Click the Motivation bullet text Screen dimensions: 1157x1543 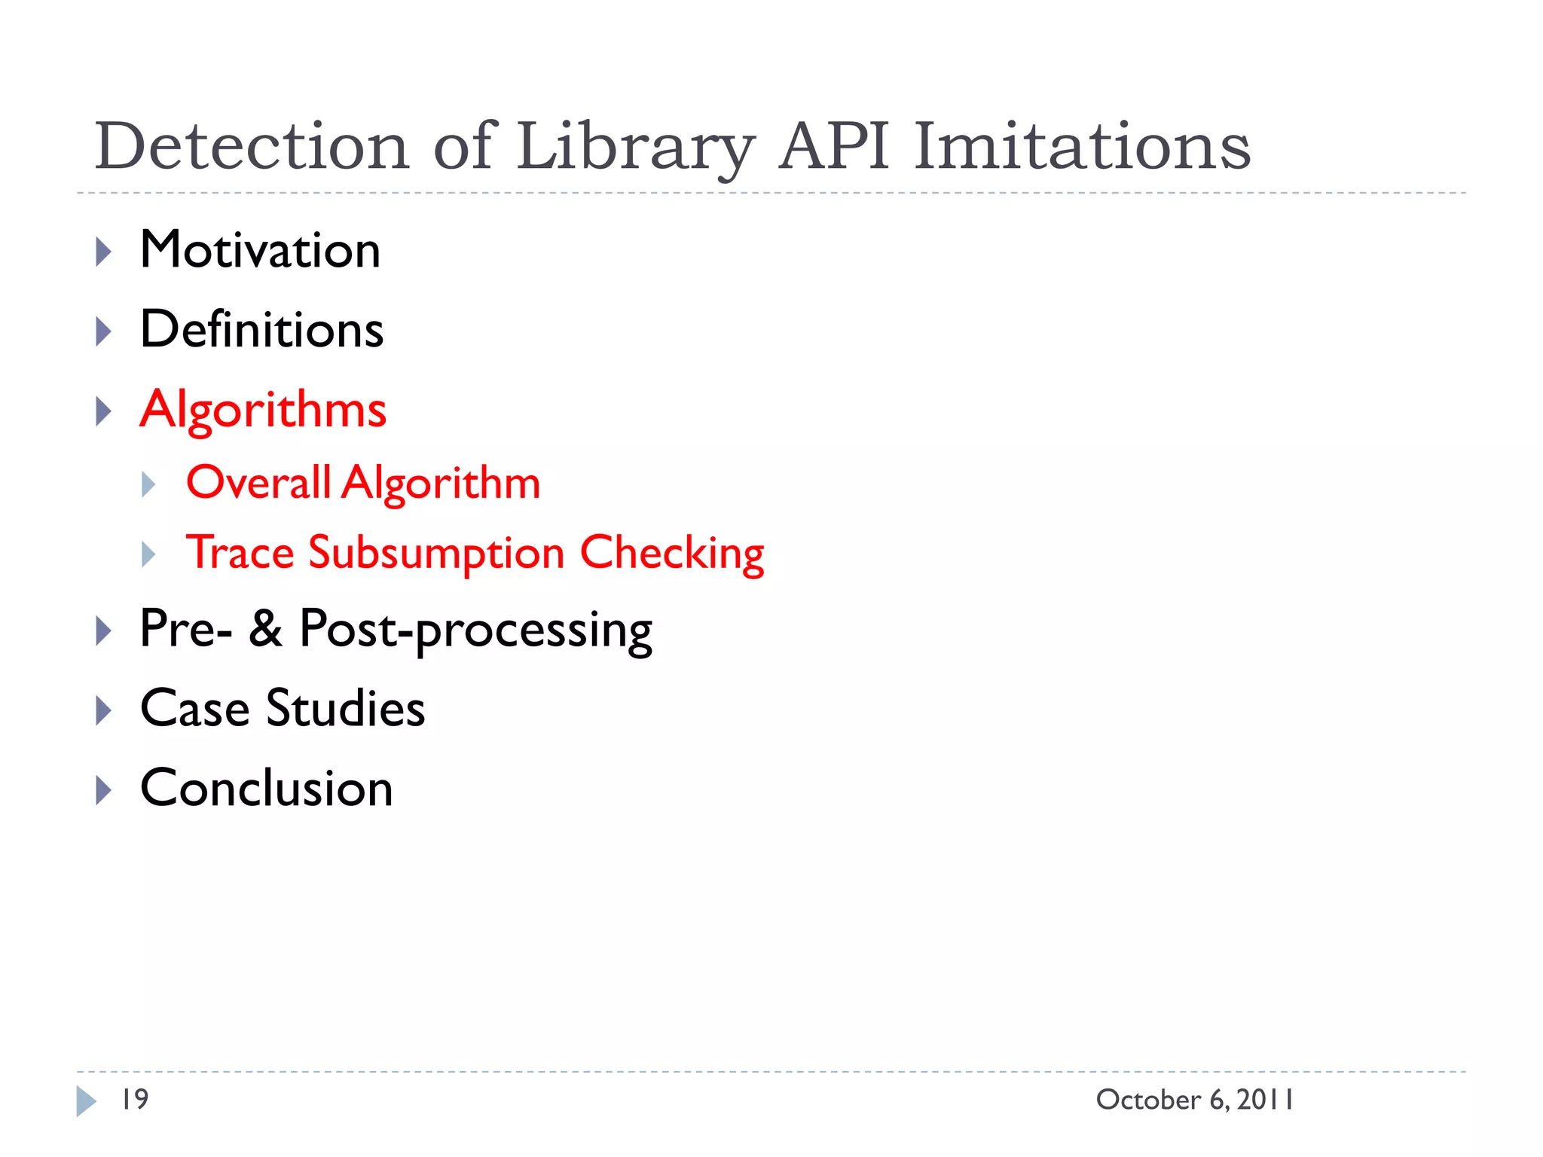tap(260, 250)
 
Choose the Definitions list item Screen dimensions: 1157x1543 tap(261, 330)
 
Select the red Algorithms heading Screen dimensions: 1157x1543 tap(263, 411)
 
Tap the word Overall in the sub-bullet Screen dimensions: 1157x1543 tap(258, 482)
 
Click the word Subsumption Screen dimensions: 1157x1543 tap(436, 553)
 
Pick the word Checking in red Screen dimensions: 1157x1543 tap(671, 553)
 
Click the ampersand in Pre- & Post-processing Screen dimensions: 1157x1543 tap(265, 628)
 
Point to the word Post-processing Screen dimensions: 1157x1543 tap(475, 630)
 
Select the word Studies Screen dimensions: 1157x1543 tap(346, 709)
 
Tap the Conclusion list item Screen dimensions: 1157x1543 tap(266, 789)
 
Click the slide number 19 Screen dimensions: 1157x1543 tap(135, 1100)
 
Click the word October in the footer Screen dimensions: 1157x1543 tap(1148, 1100)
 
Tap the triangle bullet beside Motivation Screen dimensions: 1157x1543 tap(104, 252)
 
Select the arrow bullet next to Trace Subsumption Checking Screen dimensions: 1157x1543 tap(148, 555)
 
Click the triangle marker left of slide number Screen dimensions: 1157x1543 tap(87, 1101)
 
